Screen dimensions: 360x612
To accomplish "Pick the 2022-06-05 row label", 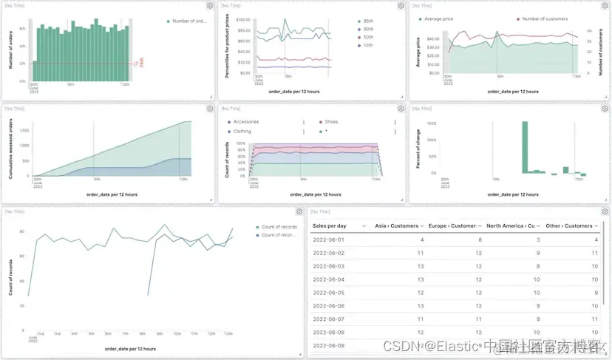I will [x=329, y=292].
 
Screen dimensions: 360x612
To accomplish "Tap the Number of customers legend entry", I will [x=545, y=18].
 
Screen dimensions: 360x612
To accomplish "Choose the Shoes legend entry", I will [x=331, y=122].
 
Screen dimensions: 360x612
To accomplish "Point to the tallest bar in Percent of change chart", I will [x=525, y=148].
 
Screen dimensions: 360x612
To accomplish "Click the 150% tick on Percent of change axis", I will [x=432, y=123].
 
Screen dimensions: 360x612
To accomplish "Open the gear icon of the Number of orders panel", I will [x=208, y=5].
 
